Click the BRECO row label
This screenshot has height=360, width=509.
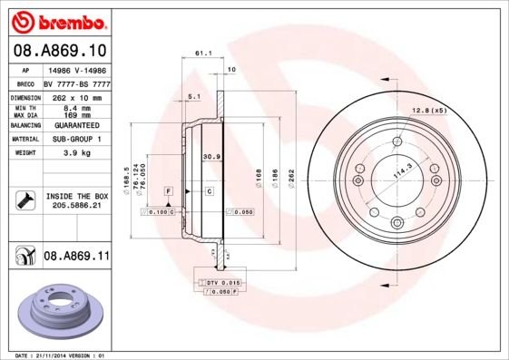pyautogui.click(x=25, y=83)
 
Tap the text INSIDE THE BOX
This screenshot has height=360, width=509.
pyautogui.click(x=77, y=196)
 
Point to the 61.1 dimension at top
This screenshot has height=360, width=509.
pyautogui.click(x=203, y=54)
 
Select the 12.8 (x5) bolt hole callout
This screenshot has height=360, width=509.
pyautogui.click(x=430, y=111)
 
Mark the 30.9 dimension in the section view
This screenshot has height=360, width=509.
pyautogui.click(x=210, y=156)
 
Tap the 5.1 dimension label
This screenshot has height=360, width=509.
pyautogui.click(x=193, y=95)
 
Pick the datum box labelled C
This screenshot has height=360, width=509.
pyautogui.click(x=209, y=191)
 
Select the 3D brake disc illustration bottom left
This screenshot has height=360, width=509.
pyautogui.click(x=61, y=308)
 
